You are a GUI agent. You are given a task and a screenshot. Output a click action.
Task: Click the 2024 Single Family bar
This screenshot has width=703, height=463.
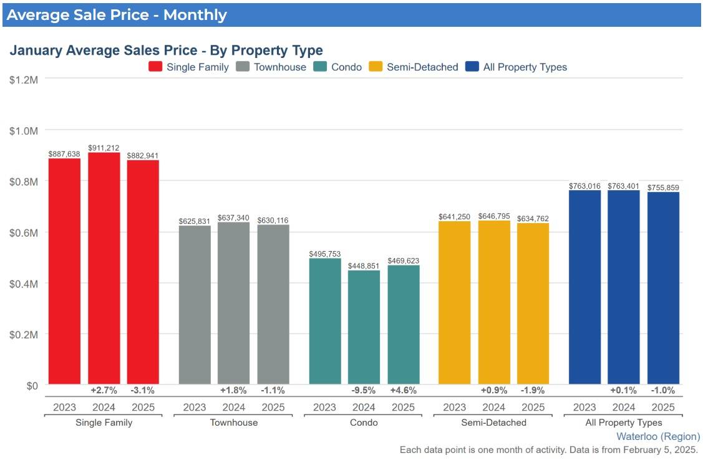click(104, 268)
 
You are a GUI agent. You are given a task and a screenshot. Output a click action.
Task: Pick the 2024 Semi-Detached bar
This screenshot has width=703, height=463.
click(494, 302)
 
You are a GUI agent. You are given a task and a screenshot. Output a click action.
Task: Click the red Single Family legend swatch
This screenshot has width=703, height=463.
click(155, 67)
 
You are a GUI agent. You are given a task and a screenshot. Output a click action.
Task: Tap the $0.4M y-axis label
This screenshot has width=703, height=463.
click(24, 284)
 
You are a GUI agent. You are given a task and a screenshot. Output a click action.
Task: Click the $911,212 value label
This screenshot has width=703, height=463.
click(104, 148)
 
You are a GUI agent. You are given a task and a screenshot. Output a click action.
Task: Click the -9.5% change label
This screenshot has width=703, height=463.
click(364, 391)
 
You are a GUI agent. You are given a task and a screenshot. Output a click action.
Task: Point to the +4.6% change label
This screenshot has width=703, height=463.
click(403, 391)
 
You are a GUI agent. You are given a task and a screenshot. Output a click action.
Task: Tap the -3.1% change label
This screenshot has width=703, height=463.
click(143, 391)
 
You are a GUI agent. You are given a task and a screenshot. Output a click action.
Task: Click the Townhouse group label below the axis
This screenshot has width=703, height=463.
click(234, 422)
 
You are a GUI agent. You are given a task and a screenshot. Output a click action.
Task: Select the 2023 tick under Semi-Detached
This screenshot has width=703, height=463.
click(455, 407)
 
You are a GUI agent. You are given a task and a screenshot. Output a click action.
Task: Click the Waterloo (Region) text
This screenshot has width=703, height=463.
click(658, 436)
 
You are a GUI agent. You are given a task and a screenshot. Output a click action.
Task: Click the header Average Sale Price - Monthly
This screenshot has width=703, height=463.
click(117, 15)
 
